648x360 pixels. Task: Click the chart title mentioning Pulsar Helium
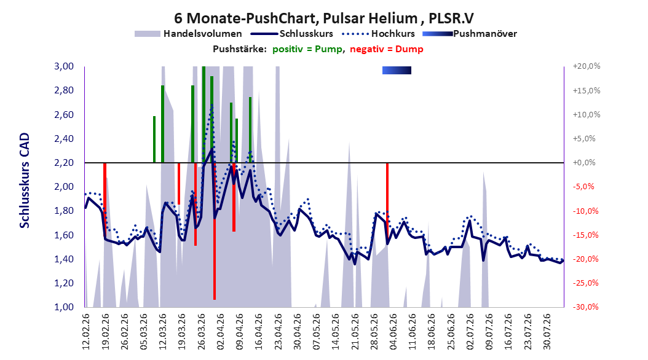[x=323, y=18]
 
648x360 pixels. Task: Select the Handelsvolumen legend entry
[x=188, y=34]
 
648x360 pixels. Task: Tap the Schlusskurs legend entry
[x=292, y=34]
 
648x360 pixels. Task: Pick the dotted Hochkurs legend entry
[x=378, y=34]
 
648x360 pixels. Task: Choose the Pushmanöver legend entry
[x=470, y=34]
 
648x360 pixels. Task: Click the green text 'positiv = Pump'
[x=307, y=49]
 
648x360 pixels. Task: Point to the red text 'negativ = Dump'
[x=387, y=49]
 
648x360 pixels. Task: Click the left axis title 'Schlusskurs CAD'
[x=25, y=180]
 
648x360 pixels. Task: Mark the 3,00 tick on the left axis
[x=64, y=66]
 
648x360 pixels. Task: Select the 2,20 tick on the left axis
[x=64, y=163]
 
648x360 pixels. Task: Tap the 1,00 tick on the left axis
[x=64, y=307]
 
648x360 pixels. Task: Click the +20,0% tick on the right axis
[x=587, y=66]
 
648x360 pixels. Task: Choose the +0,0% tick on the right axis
[x=584, y=163]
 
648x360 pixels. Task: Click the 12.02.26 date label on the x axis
[x=86, y=332]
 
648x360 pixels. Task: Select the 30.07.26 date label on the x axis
[x=547, y=332]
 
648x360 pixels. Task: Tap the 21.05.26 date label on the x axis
[x=355, y=332]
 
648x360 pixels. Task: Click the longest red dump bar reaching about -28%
[x=215, y=231]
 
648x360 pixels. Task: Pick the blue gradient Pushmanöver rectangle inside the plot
[x=397, y=70]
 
